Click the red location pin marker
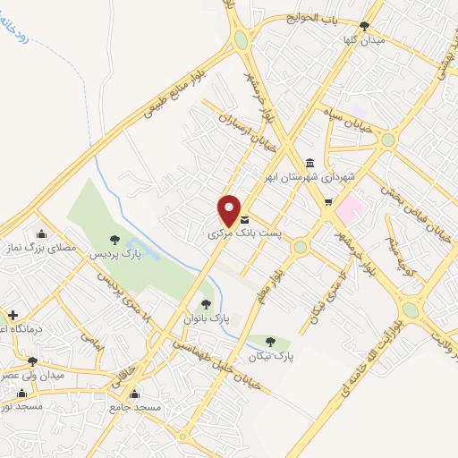(x=230, y=209)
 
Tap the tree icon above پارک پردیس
(x=114, y=239)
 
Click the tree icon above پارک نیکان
(x=272, y=341)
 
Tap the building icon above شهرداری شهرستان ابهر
(x=310, y=162)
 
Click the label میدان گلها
(x=365, y=40)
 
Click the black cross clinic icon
(x=13, y=316)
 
